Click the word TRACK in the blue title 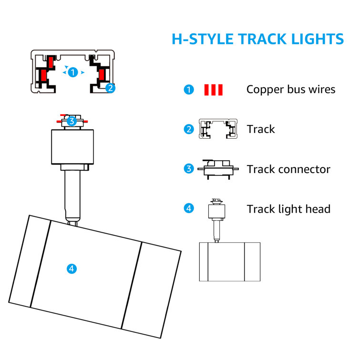tap(262, 39)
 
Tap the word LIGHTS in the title tap(318, 39)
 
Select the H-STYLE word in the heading tap(203, 39)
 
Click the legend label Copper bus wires tap(291, 89)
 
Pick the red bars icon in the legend tap(213, 90)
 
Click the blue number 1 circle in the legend tap(189, 90)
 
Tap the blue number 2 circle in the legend tap(189, 129)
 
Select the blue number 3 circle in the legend tap(189, 169)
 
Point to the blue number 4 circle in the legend tap(189, 208)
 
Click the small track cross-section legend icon tap(218, 129)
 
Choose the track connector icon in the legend tap(218, 169)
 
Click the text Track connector tap(288, 169)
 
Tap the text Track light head tap(288, 209)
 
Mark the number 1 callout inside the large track tap(73, 72)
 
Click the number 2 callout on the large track tap(110, 88)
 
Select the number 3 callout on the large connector tap(72, 121)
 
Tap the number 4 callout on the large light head tap(72, 268)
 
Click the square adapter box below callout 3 tap(72, 147)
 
